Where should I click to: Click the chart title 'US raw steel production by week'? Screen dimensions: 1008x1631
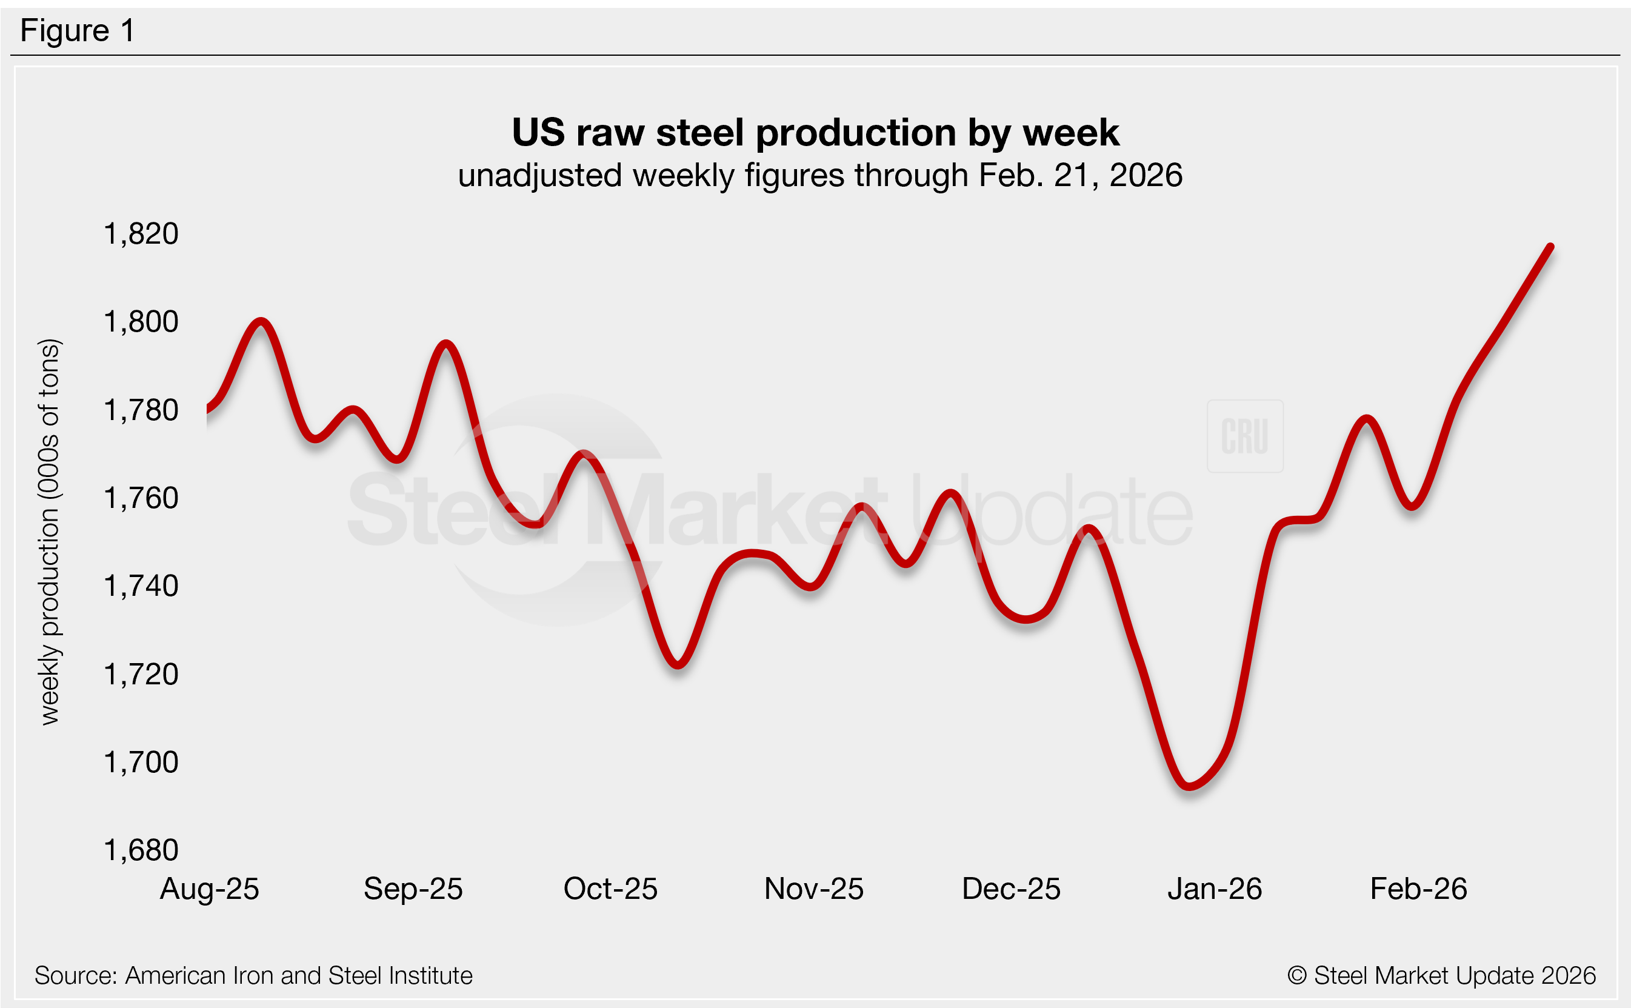coord(815,132)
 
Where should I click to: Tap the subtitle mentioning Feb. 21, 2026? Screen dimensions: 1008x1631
coord(820,175)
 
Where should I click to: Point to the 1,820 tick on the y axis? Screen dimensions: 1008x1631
coord(141,234)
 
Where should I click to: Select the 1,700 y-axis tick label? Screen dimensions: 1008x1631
coord(141,762)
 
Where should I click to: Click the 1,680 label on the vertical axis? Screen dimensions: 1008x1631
coord(141,850)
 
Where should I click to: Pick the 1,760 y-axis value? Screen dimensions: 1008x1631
coord(141,498)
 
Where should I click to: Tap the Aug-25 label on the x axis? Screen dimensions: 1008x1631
coord(209,889)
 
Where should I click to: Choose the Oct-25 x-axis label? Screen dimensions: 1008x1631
coord(610,889)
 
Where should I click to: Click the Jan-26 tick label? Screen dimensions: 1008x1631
coord(1215,889)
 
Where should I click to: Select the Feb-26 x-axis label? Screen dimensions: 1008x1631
coord(1418,889)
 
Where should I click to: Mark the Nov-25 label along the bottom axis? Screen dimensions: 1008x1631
coord(814,889)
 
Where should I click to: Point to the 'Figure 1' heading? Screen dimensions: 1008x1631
coord(78,31)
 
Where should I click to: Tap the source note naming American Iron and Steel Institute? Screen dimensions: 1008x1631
coord(253,975)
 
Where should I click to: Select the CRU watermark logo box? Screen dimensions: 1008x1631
coord(1245,436)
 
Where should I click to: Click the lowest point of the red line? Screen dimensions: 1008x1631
coord(1190,787)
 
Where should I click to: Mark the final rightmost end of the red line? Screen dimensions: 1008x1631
coord(1551,247)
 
